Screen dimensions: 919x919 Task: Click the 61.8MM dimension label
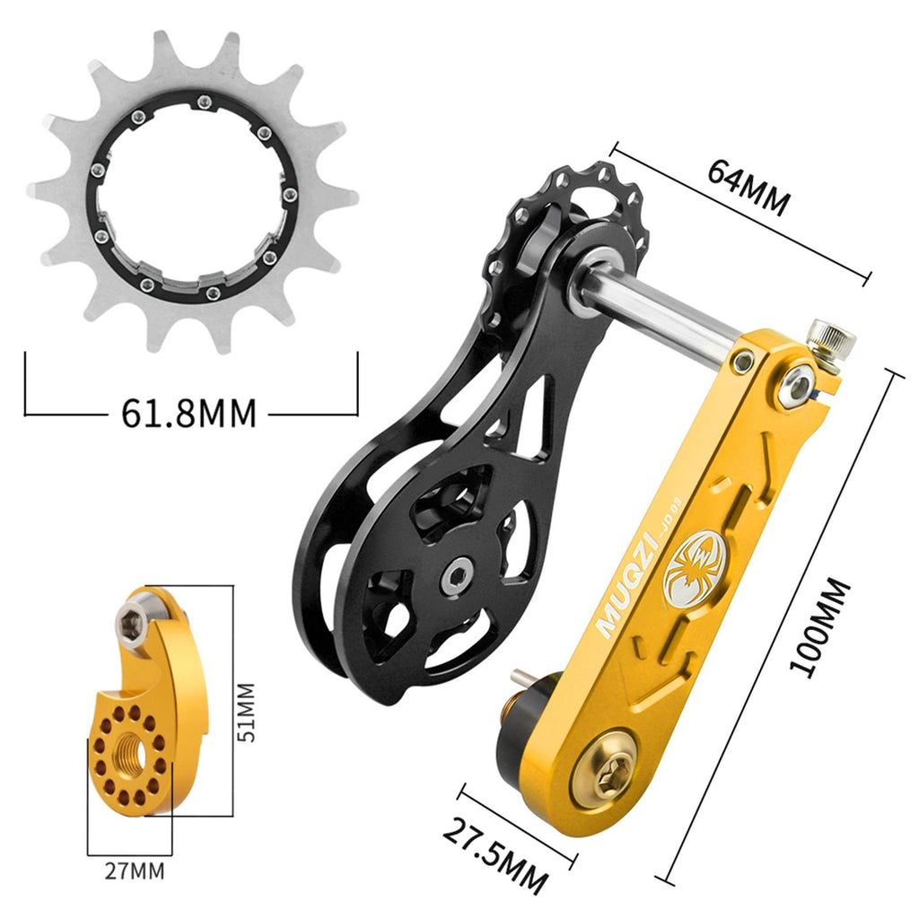(x=188, y=413)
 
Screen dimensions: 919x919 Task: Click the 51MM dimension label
(x=248, y=712)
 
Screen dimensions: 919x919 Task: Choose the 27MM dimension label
(x=135, y=871)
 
